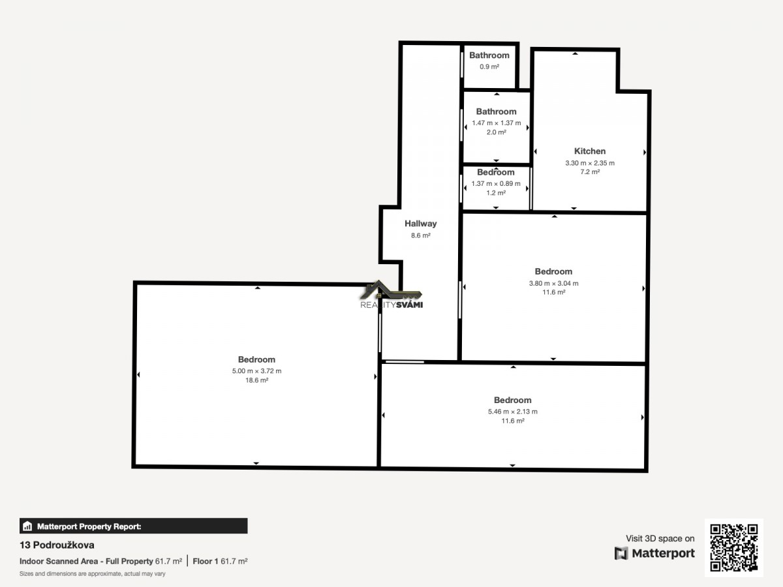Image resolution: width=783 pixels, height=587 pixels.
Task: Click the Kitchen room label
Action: [x=590, y=151]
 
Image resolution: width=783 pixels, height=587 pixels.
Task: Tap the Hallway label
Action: [x=421, y=224]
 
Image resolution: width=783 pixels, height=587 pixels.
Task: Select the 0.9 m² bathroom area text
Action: [x=489, y=67]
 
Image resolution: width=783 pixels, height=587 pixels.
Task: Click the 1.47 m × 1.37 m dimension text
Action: [x=496, y=123]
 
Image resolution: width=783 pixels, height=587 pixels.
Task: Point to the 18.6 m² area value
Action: [x=257, y=380]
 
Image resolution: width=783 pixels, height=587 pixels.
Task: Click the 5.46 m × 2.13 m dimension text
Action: [x=513, y=412]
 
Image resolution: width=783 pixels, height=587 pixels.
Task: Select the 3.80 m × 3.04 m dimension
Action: [x=553, y=283]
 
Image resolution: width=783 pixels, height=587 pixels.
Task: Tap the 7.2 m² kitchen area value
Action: [x=590, y=172]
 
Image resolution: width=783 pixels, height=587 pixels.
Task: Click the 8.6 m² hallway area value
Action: [x=421, y=235]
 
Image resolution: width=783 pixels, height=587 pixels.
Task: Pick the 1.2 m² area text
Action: [x=496, y=193]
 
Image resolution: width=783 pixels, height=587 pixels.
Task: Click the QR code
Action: [x=734, y=547]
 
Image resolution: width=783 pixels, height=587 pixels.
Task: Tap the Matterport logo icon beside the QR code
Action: [x=621, y=554]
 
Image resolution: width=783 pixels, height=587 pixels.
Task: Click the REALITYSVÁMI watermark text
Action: [x=391, y=305]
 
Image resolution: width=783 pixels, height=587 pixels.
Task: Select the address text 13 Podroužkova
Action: [x=57, y=545]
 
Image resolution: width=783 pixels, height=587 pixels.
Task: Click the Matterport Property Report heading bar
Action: [x=133, y=526]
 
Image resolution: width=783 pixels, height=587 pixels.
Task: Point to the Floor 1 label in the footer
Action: [x=205, y=562]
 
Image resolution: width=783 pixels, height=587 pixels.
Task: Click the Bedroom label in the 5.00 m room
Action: [x=256, y=359]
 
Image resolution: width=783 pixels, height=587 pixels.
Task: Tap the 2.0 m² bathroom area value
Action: [x=496, y=132]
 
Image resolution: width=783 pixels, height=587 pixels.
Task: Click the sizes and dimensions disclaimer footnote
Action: [x=93, y=574]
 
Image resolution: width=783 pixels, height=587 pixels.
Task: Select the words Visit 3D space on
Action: [x=660, y=539]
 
